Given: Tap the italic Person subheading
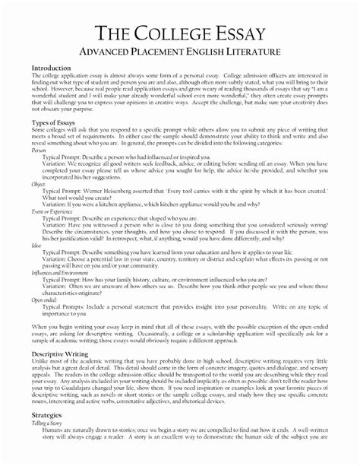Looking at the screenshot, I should point(39,151).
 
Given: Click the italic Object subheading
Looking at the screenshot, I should point(39,184).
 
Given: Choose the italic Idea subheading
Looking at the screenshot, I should point(36,243).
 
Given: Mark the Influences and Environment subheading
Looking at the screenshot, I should point(56,271).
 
